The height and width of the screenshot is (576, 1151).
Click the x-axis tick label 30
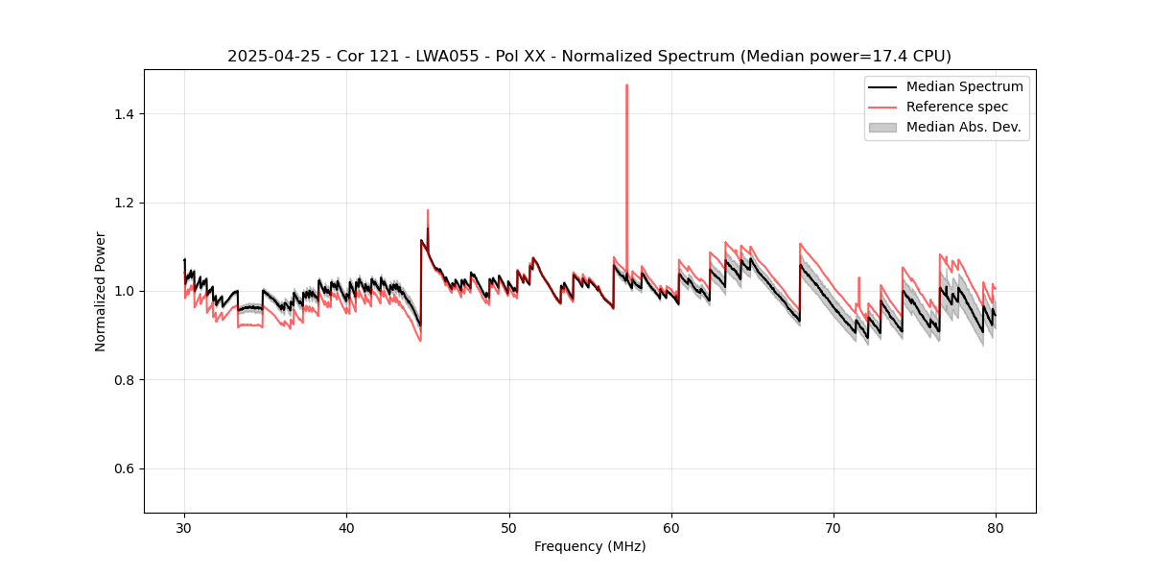[x=184, y=528]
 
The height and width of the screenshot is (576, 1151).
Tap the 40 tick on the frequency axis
[x=346, y=528]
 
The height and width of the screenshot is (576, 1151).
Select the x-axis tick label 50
[x=508, y=528]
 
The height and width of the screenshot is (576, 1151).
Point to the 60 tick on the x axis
[x=670, y=528]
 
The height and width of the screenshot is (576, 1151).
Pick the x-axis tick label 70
[x=833, y=528]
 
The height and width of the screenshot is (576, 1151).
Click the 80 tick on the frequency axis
[x=995, y=528]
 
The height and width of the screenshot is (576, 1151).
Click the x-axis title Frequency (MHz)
[x=590, y=547]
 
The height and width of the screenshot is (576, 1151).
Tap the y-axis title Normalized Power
[x=101, y=291]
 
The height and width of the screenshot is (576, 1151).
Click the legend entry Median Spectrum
[x=964, y=86]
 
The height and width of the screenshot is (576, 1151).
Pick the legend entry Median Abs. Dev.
[x=963, y=127]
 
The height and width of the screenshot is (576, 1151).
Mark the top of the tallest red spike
[x=626, y=85]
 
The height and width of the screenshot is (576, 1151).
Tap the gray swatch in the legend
[x=881, y=127]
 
